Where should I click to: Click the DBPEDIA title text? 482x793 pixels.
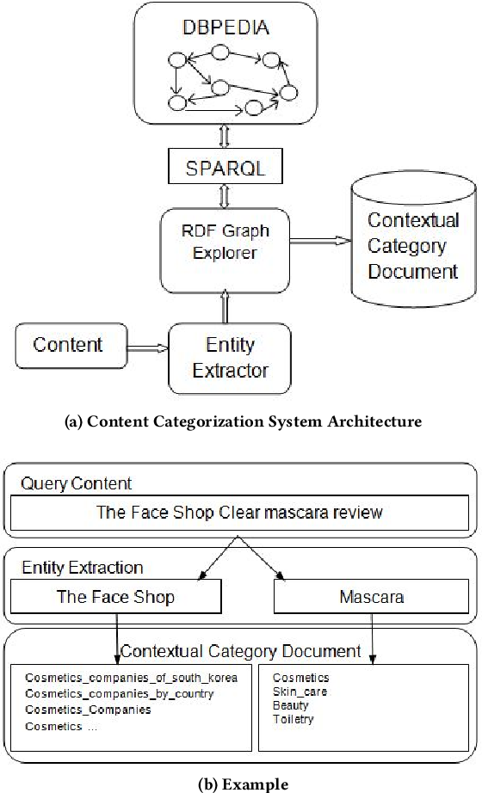[x=226, y=28]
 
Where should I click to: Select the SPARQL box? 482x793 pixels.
[x=226, y=166]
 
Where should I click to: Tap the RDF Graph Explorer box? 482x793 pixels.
[x=225, y=251]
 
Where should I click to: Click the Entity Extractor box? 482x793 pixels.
[x=230, y=359]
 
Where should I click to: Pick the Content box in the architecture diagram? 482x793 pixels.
[x=71, y=346]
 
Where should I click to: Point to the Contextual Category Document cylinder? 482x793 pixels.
[x=414, y=239]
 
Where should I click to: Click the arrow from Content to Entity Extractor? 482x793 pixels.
[x=147, y=348]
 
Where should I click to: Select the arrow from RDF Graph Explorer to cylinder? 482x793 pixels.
[x=320, y=241]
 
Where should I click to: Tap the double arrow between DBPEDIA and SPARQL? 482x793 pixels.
[x=225, y=136]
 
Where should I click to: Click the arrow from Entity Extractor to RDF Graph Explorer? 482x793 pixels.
[x=225, y=309]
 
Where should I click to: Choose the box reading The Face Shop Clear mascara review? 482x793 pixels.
[x=239, y=513]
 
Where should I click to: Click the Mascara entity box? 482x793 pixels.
[x=371, y=597]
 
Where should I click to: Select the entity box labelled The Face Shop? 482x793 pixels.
[x=116, y=597]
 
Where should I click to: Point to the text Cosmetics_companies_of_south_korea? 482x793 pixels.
[x=131, y=678]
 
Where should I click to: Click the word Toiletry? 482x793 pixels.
[x=294, y=719]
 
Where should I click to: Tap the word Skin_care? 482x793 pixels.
[x=300, y=692]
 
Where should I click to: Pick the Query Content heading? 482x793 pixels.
[x=76, y=484]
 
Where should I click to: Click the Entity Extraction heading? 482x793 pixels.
[x=83, y=568]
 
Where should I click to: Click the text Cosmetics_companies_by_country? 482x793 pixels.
[x=120, y=694]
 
